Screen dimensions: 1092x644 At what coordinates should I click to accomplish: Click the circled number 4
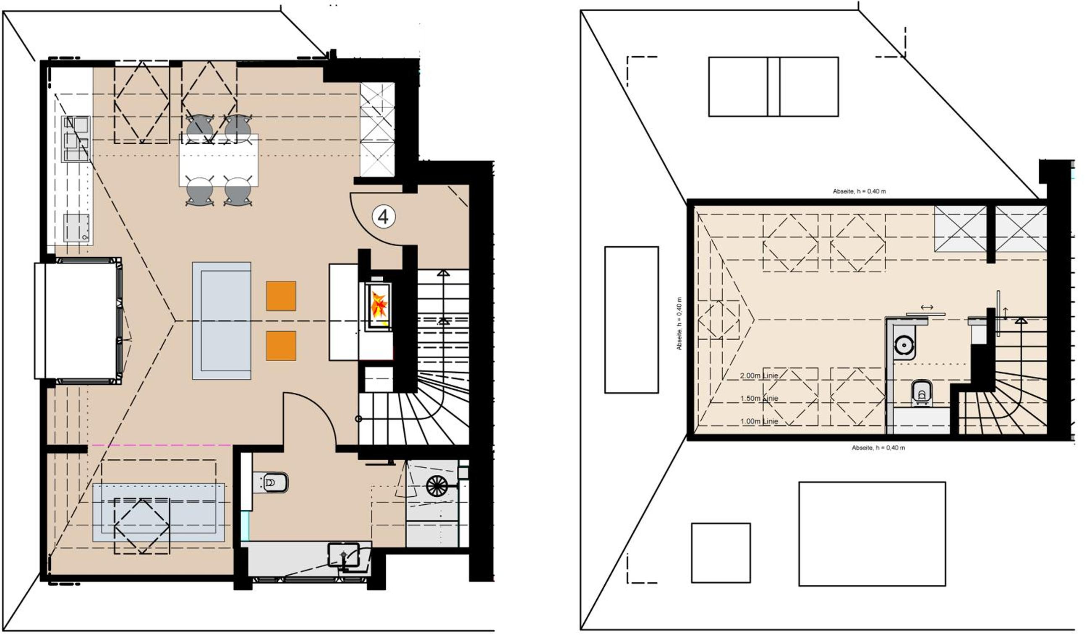tap(384, 217)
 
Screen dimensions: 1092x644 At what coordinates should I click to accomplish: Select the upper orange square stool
tap(281, 296)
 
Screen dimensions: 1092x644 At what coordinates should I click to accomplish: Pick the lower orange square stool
tap(281, 346)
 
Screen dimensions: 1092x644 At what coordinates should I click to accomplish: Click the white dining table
tap(219, 160)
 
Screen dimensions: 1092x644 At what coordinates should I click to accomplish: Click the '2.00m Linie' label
tap(759, 376)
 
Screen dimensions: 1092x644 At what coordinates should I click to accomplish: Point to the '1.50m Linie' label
tap(759, 399)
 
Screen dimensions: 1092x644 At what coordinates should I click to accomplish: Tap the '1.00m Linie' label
tap(759, 421)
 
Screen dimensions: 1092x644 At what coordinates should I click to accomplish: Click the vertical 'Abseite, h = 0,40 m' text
tap(679, 323)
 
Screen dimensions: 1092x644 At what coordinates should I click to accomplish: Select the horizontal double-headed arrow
tap(927, 308)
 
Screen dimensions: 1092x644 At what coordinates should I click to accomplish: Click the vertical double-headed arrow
tap(1005, 313)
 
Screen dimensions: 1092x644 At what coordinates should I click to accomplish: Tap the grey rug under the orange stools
tap(222, 321)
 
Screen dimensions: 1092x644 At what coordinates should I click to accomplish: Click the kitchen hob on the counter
tap(76, 139)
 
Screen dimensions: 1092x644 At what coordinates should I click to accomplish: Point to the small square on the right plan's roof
tap(721, 553)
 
